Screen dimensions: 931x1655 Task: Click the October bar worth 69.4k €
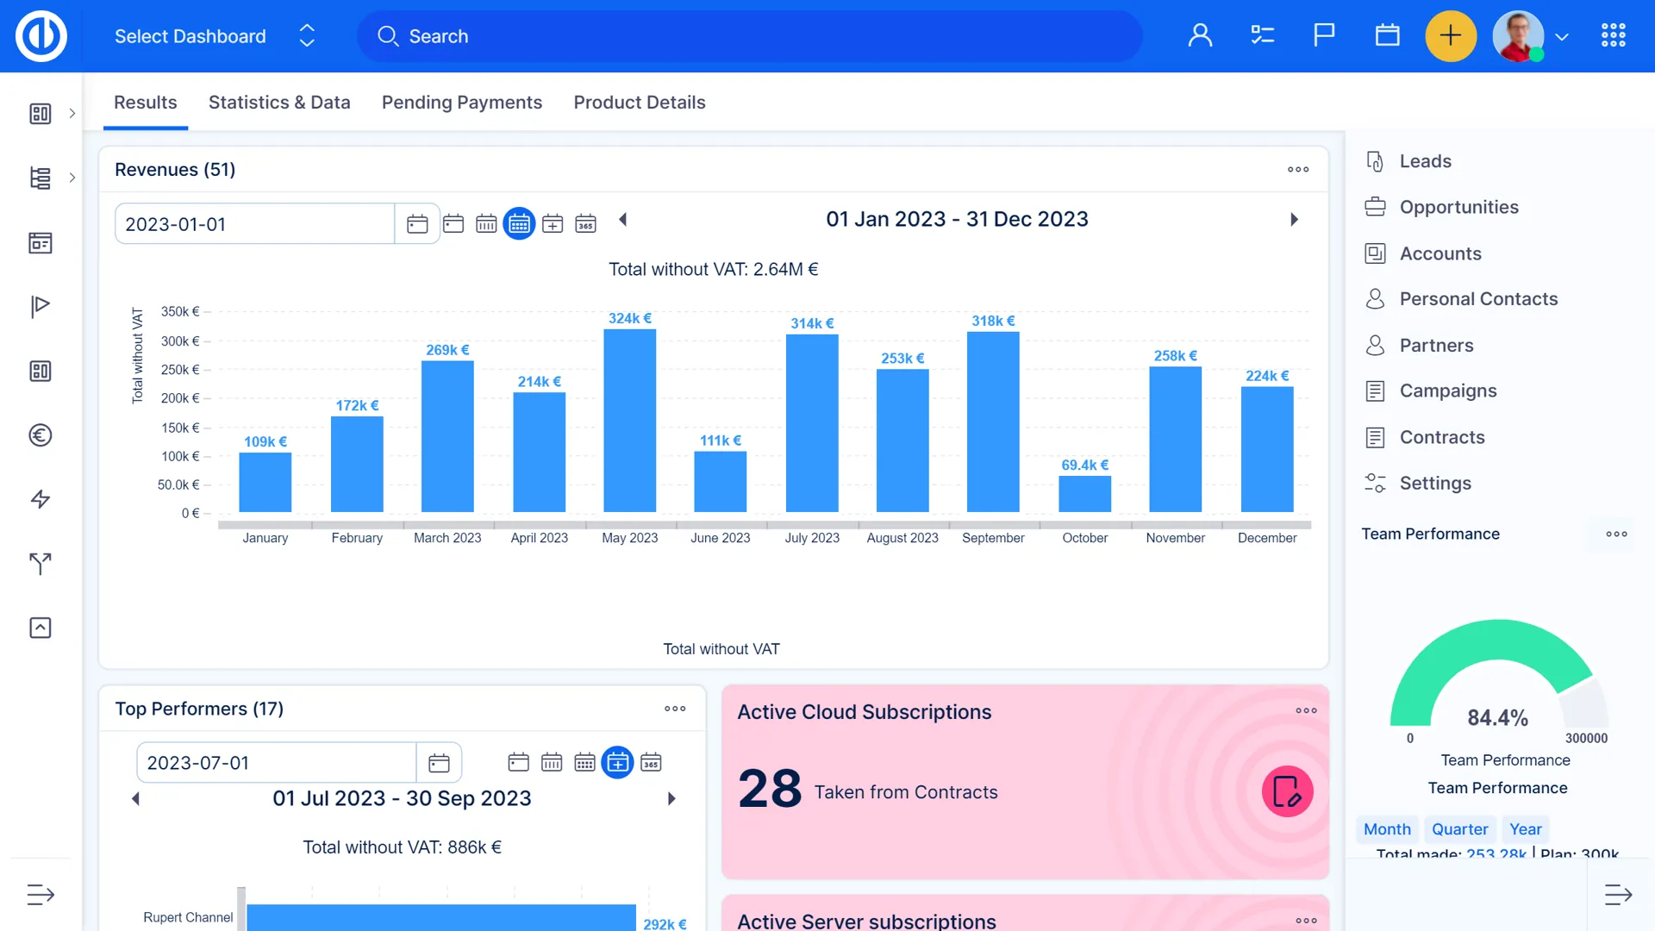click(x=1084, y=494)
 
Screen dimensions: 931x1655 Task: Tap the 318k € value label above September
click(x=993, y=321)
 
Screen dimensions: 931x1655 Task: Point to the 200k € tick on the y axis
click(x=180, y=398)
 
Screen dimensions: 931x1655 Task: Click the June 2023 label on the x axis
click(x=720, y=538)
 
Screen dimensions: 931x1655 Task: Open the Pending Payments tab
click(x=462, y=103)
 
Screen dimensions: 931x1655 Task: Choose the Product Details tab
click(x=640, y=103)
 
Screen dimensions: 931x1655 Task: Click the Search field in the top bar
click(x=750, y=36)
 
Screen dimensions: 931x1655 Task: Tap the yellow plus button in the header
click(x=1451, y=36)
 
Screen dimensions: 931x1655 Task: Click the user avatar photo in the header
click(x=1518, y=36)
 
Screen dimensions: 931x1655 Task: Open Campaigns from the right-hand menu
click(x=1448, y=391)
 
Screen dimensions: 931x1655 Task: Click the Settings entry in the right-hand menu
click(x=1435, y=483)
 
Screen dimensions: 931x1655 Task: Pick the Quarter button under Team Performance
click(x=1459, y=829)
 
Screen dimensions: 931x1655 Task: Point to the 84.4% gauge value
click(x=1497, y=717)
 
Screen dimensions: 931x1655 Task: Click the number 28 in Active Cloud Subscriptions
click(x=770, y=789)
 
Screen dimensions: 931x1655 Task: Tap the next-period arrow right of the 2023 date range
click(x=1294, y=220)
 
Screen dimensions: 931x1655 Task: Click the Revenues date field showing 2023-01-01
click(x=255, y=224)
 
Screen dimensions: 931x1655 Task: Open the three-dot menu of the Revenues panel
click(x=1298, y=170)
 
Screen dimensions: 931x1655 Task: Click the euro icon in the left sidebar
click(x=41, y=435)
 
